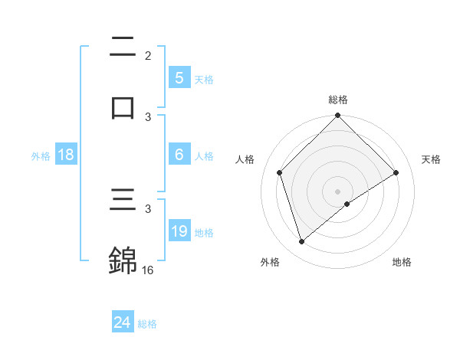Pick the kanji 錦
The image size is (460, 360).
coord(123,260)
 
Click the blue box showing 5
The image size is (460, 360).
coord(179,78)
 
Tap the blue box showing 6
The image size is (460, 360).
coord(179,155)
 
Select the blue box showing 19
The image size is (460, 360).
coord(179,231)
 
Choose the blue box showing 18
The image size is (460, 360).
coord(66,155)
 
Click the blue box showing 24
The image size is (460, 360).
coord(123,323)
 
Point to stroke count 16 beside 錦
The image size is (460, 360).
coord(149,270)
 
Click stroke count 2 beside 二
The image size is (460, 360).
coord(148,55)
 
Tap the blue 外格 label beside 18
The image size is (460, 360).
coord(41,155)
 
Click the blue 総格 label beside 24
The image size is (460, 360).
coord(147,324)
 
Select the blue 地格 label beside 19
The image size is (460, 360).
coord(204,232)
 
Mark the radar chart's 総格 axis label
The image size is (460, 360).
coord(338,100)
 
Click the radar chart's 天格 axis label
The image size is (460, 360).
coord(432,159)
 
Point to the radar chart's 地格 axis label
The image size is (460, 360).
coord(402,262)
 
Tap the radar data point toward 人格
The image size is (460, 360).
coord(280,172)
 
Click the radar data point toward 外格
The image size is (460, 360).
coord(301,242)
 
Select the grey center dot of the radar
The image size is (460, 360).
coord(338,191)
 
